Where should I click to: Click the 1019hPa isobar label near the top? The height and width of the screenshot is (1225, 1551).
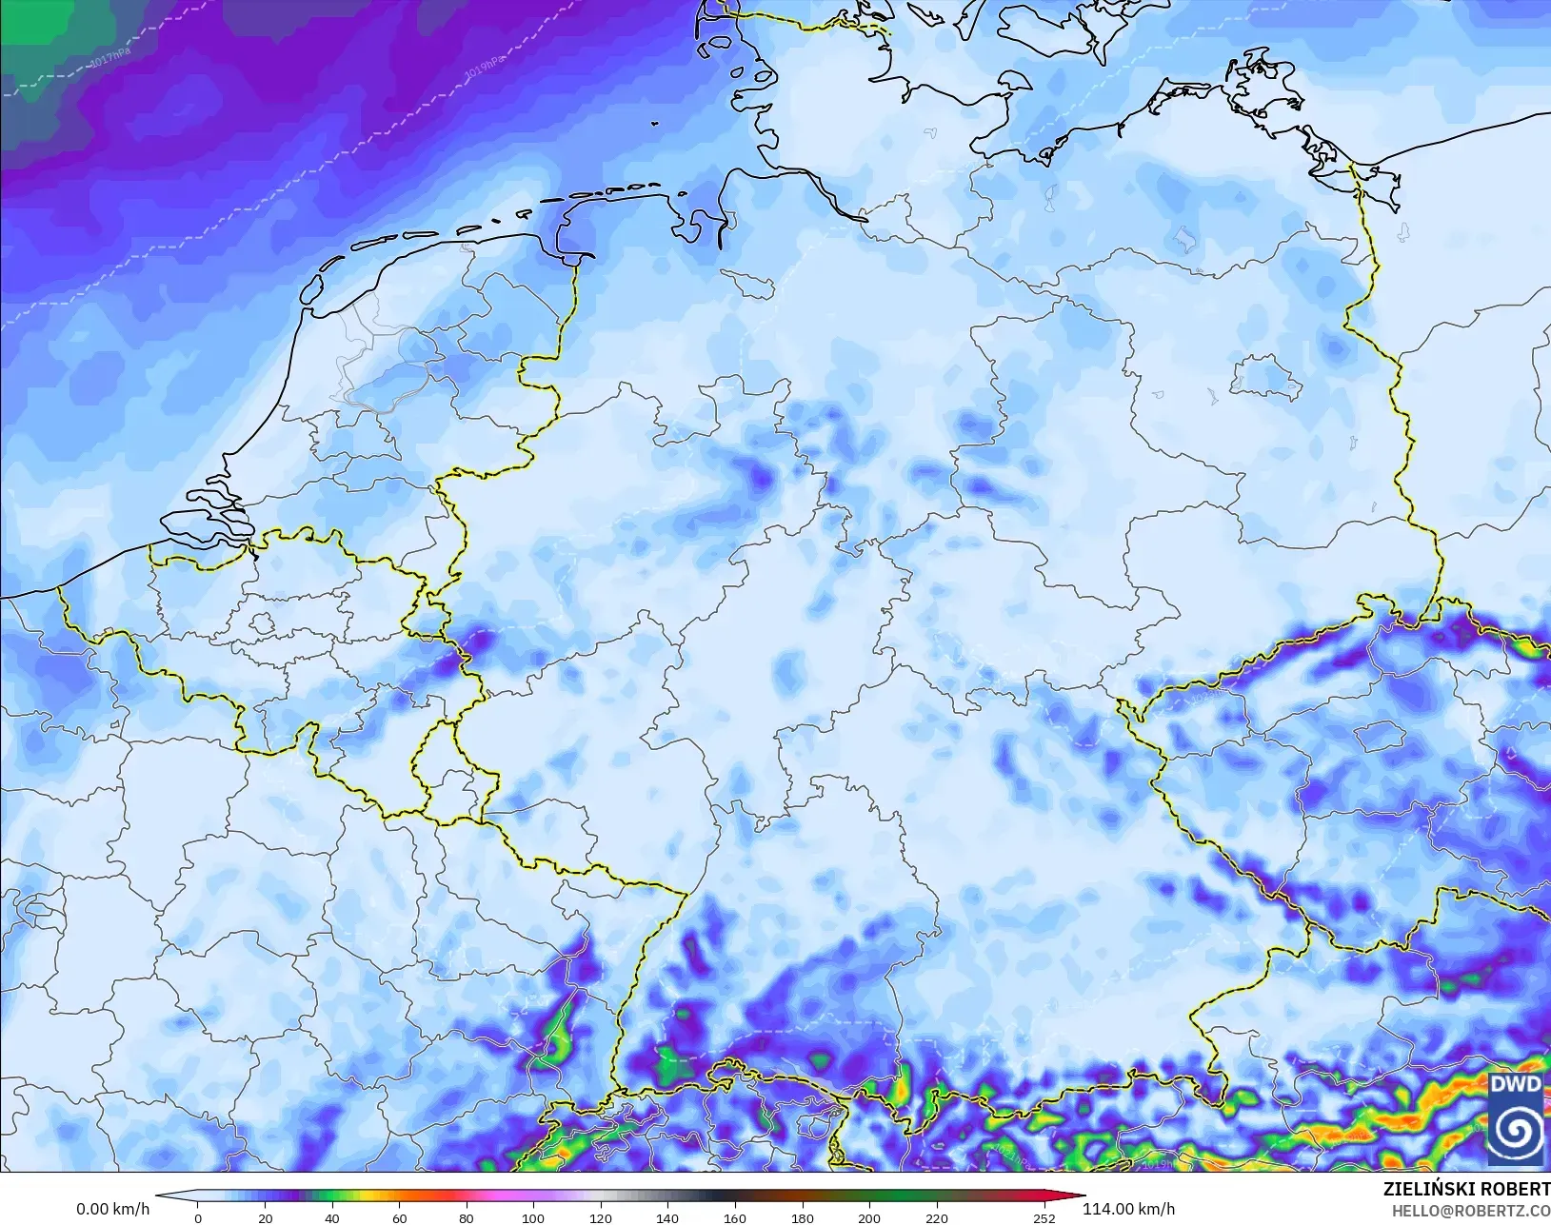[x=485, y=66]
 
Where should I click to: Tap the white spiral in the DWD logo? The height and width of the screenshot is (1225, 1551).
[x=1516, y=1131]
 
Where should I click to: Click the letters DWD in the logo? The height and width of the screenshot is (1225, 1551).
[x=1516, y=1084]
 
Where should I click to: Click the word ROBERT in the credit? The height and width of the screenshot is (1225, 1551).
[x=1515, y=1190]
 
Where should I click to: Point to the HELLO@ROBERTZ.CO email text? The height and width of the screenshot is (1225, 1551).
[x=1471, y=1211]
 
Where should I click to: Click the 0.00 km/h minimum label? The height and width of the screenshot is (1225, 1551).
[x=112, y=1210]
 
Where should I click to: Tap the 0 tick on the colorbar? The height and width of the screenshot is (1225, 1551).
[x=198, y=1217]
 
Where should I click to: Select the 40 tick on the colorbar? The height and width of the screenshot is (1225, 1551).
[x=332, y=1217]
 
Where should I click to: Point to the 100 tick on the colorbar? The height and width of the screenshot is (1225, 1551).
[x=533, y=1217]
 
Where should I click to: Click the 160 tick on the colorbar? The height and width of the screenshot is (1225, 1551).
[x=734, y=1217]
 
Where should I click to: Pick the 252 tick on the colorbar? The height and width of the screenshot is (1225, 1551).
[x=1044, y=1217]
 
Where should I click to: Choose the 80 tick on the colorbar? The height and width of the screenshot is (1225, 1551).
[x=467, y=1217]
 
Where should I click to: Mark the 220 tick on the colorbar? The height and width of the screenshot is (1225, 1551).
[x=936, y=1217]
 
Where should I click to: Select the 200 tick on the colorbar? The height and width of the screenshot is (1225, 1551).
[x=868, y=1217]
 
